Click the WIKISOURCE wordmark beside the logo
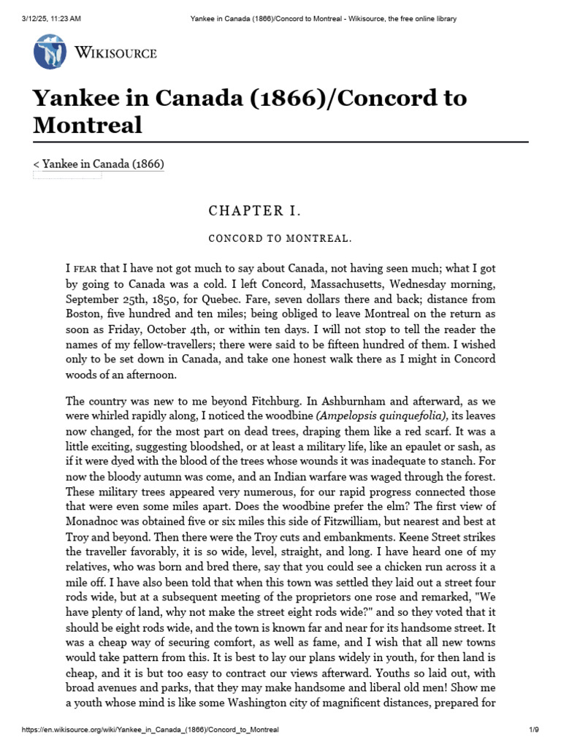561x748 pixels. click(115, 53)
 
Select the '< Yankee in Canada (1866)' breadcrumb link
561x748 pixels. click(99, 164)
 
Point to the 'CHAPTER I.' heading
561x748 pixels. click(254, 212)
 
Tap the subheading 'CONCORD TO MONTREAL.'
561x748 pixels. click(270, 239)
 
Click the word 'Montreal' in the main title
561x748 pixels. click(88, 124)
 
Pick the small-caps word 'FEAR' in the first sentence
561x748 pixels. click(87, 270)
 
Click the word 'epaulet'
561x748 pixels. click(443, 445)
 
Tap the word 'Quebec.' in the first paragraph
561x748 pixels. click(221, 299)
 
